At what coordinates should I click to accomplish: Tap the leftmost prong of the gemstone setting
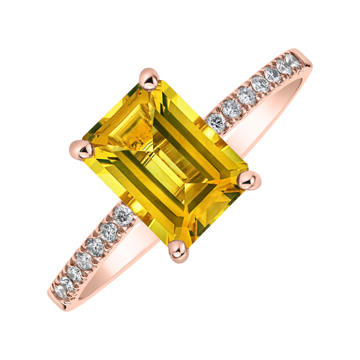(x=79, y=147)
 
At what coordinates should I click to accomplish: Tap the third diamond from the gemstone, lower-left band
(x=96, y=245)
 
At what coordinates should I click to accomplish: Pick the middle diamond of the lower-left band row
(x=84, y=259)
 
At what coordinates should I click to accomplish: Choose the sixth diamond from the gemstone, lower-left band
(x=66, y=284)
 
